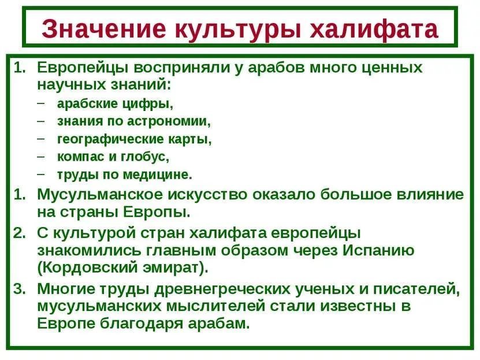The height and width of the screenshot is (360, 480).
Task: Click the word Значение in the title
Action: pos(104,28)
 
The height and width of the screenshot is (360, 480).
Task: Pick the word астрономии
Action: pos(169,121)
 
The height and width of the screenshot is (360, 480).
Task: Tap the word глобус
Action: pos(145,157)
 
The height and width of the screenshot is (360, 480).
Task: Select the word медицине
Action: pos(158,175)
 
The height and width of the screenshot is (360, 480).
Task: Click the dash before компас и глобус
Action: pos(41,156)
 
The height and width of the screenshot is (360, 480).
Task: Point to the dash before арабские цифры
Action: pos(41,103)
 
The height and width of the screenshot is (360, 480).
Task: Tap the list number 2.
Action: pos(19,233)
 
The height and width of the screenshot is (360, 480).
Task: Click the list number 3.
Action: pos(19,289)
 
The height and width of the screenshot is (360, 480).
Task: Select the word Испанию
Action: pos(378,251)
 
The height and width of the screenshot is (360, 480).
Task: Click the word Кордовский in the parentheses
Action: pos(87,268)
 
